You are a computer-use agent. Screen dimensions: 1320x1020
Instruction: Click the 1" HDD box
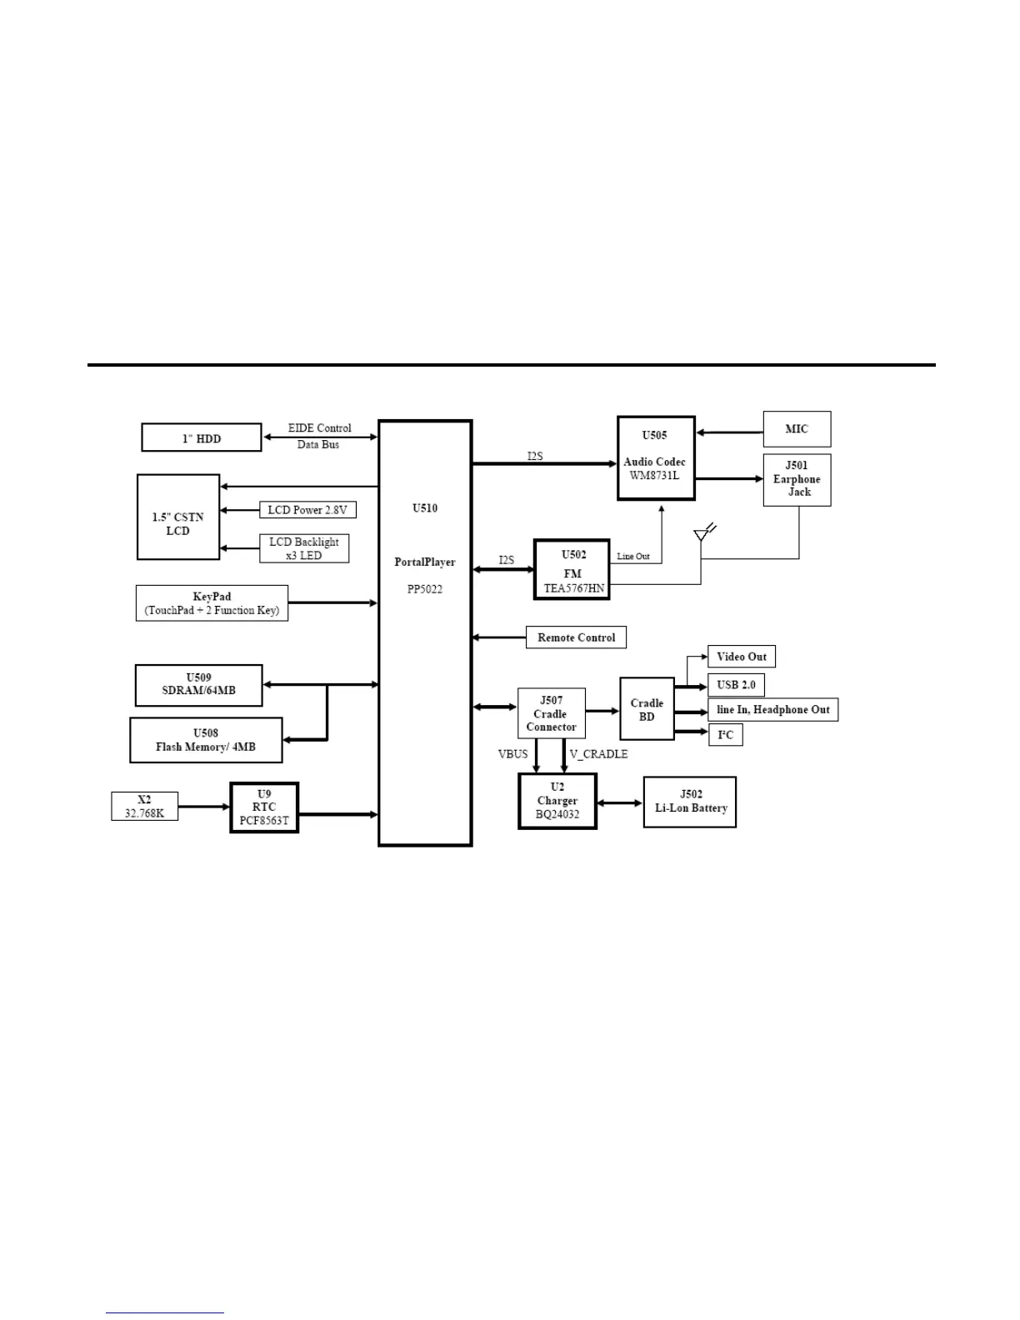pos(201,438)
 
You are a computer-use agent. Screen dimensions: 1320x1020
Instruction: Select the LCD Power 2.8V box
pos(307,510)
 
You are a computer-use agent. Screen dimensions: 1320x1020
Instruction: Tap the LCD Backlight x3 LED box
pos(303,548)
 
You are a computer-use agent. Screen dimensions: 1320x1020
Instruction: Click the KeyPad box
pos(212,603)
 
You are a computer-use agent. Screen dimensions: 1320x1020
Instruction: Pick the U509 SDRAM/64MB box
pos(198,685)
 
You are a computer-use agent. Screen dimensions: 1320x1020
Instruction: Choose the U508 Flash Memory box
pos(206,740)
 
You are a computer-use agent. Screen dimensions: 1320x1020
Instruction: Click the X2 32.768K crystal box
pos(144,807)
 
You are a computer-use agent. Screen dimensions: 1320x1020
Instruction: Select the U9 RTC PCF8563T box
pos(264,807)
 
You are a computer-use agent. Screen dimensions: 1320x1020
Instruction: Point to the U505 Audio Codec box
pos(655,458)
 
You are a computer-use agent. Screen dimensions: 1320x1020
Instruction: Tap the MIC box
pos(797,429)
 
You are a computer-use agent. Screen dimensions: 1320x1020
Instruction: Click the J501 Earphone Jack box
pos(797,479)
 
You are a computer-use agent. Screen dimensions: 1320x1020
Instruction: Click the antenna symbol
pos(702,534)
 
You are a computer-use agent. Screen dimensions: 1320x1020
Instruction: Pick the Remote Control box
pos(576,637)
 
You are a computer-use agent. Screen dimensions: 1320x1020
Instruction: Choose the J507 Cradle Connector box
pos(551,713)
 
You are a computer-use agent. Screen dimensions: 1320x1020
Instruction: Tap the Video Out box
pos(742,657)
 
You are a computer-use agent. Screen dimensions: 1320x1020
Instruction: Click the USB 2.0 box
pos(736,685)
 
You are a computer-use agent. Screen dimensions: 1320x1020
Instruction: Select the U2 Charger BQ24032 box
pos(557,801)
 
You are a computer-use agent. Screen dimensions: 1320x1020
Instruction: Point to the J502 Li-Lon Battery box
pos(690,802)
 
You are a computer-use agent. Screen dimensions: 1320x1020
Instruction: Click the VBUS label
pos(512,754)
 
